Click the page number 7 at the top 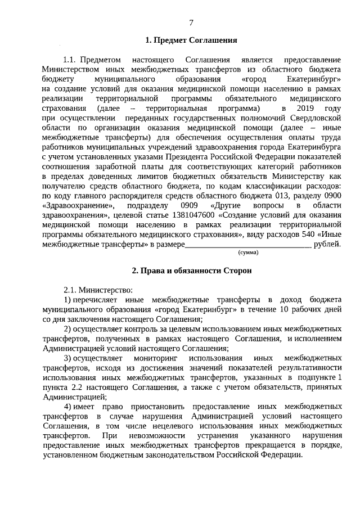tap(191, 22)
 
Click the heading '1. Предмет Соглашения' tap(191, 40)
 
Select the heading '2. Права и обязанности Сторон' tap(191, 271)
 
